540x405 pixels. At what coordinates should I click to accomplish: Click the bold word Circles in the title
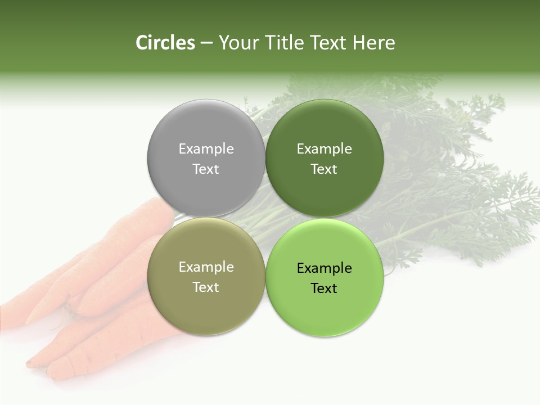(165, 43)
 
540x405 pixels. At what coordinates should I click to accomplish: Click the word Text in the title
(328, 43)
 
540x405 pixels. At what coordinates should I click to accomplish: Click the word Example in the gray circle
(206, 148)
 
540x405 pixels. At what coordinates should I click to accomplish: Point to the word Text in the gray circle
(206, 169)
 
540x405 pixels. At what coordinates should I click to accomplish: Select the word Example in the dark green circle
(324, 148)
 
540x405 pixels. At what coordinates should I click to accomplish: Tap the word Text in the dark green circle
(324, 169)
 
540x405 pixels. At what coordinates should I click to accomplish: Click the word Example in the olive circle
(206, 267)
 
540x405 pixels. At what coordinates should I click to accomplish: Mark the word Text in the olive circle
(206, 287)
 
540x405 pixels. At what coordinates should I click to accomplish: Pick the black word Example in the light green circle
(324, 268)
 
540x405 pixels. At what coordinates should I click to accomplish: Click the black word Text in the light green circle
(324, 288)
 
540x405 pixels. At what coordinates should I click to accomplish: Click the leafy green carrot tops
(450, 169)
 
